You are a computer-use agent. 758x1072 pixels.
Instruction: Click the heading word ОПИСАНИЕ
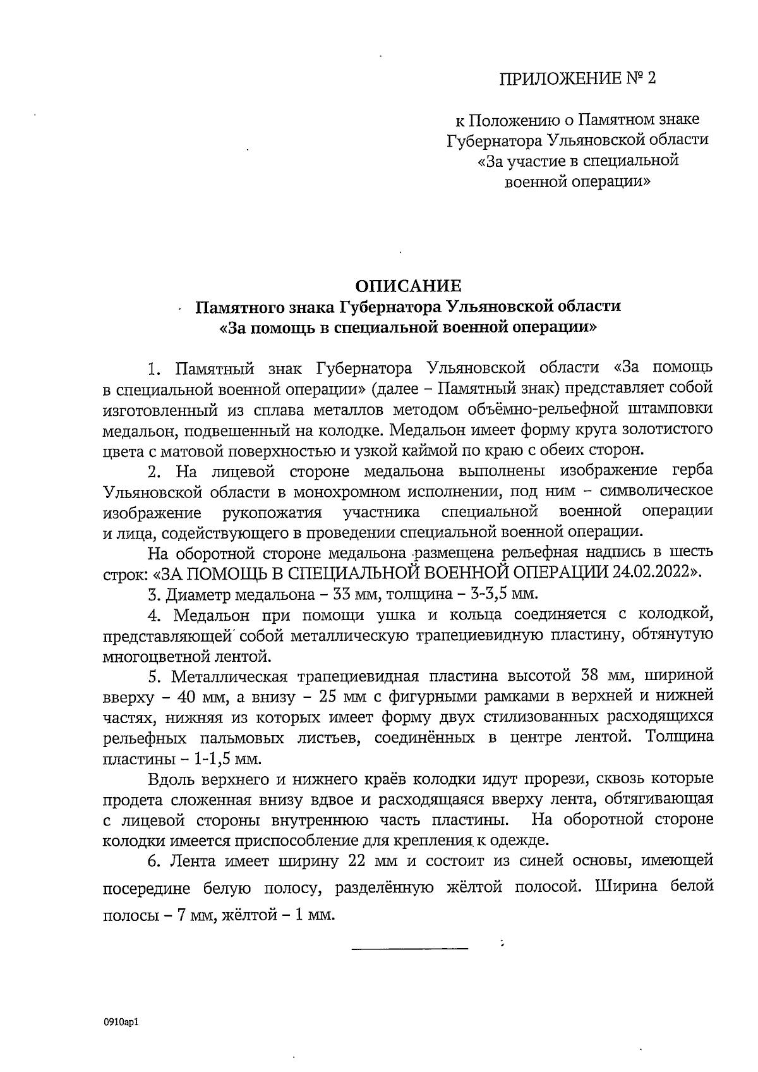click(407, 285)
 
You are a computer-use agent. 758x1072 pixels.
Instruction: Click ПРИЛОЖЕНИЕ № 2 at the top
click(577, 79)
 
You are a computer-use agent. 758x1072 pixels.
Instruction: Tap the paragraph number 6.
click(155, 861)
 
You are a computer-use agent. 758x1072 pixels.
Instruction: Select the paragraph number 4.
click(155, 614)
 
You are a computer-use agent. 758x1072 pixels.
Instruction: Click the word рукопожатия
click(272, 511)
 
